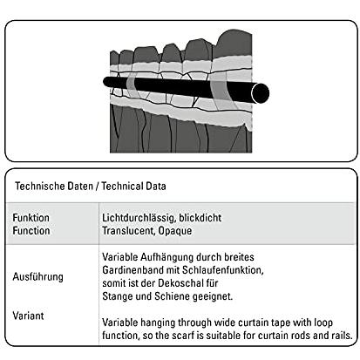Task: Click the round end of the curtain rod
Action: (x=261, y=93)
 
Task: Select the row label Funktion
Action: (x=31, y=218)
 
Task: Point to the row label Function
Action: (x=31, y=231)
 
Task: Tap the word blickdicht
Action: (x=200, y=218)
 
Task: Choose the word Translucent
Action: (x=129, y=231)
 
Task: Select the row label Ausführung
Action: (x=37, y=276)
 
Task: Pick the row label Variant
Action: (x=28, y=316)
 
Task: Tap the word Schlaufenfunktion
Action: (x=222, y=270)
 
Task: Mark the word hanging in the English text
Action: (x=158, y=323)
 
